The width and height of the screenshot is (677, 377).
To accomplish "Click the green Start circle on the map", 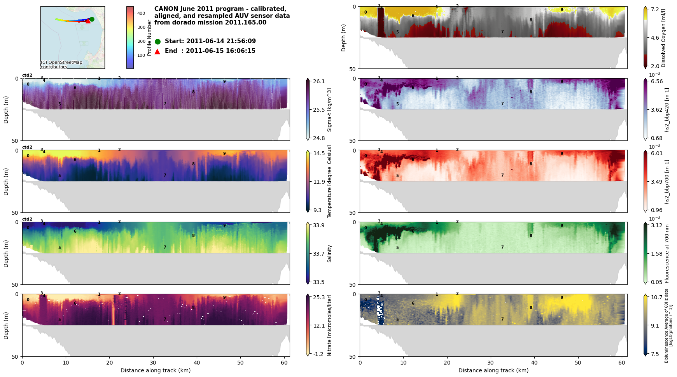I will pos(92,19).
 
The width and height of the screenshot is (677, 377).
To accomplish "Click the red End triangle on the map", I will pos(88,21).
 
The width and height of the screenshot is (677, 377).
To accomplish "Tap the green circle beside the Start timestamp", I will pos(157,42).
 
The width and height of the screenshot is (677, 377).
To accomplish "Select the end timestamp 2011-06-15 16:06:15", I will pos(220,51).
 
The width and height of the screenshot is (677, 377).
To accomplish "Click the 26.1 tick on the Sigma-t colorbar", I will pos(319,81).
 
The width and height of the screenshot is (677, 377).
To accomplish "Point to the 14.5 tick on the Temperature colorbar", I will pos(319,153).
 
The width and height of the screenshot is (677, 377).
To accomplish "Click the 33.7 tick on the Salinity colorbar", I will pos(319,254).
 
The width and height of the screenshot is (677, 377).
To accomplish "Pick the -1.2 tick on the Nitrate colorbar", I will pos(319,354).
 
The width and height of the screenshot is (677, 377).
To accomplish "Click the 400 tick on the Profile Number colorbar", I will pos(141,13).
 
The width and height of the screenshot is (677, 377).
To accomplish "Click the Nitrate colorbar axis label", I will pos(329,325).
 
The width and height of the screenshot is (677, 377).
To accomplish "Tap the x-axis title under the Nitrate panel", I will pos(156,370).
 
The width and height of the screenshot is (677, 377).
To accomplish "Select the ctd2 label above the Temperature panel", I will pos(27,147).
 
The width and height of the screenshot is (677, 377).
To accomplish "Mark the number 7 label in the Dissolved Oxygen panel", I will pos(502,32).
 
